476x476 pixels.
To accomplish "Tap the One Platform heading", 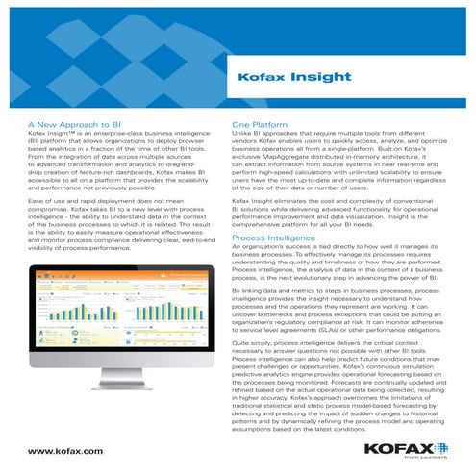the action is [x=262, y=124].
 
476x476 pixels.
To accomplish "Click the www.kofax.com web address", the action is [x=65, y=450].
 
